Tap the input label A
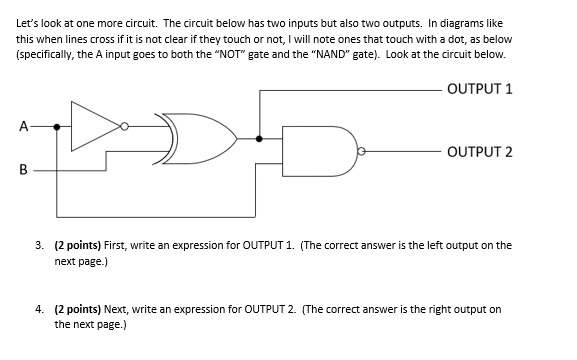22,127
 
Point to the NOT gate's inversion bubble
124,127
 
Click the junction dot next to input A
57,127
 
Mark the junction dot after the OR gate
260,140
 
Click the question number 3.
38,244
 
